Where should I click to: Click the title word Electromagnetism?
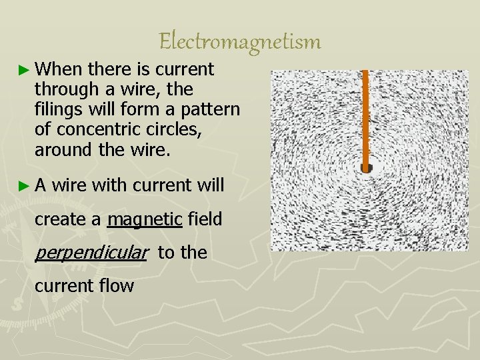(x=240, y=42)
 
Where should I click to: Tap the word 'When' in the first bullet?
(x=58, y=69)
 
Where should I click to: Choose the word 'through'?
(x=67, y=89)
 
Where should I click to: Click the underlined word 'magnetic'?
(x=145, y=219)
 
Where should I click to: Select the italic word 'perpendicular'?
(x=90, y=253)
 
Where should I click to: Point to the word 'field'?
(x=205, y=219)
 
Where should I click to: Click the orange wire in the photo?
(x=365, y=113)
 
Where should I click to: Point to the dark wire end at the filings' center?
(x=365, y=168)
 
